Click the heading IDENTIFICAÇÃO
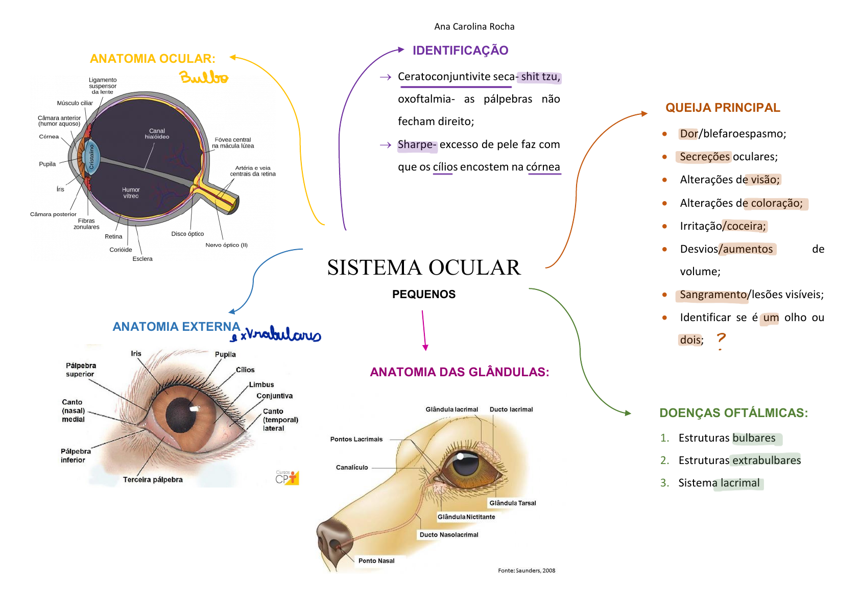460,51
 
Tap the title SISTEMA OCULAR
424,267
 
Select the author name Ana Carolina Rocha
474,27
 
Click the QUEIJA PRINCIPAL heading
723,108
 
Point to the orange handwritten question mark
721,339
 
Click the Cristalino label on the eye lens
92,157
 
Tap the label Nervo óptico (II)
226,245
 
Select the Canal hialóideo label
157,134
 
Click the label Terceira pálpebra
153,479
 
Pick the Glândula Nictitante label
466,517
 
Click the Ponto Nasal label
376,561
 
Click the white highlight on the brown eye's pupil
194,408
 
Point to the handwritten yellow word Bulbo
204,78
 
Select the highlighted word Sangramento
713,295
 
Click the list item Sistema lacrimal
719,483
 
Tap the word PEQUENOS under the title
424,294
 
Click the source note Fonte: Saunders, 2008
527,571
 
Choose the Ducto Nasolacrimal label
449,534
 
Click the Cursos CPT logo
287,477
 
